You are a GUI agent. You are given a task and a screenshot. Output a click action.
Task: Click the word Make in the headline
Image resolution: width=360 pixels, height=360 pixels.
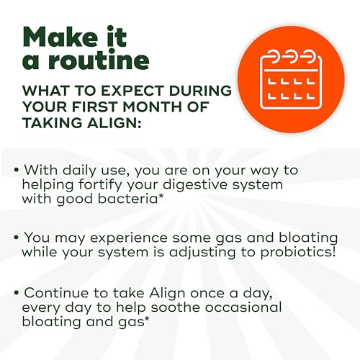[60, 37]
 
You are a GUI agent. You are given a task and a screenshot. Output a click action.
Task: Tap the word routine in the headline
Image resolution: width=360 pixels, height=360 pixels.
[99, 60]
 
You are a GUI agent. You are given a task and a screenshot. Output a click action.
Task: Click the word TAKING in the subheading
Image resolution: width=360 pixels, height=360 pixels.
[52, 123]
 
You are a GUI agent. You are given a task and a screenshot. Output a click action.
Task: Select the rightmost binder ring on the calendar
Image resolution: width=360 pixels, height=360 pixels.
[309, 58]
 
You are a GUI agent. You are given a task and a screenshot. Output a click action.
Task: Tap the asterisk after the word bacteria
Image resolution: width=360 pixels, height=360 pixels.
[161, 197]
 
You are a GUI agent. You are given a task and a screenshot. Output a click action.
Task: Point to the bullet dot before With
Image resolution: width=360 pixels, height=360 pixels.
[17, 170]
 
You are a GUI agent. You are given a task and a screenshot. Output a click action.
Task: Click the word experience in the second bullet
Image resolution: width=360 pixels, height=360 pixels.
[128, 238]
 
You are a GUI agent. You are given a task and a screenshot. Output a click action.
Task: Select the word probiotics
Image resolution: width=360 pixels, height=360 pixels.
[298, 253]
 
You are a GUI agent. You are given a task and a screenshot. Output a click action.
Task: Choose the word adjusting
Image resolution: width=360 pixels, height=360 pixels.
[202, 253]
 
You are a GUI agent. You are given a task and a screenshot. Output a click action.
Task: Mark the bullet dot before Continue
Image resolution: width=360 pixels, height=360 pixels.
[17, 293]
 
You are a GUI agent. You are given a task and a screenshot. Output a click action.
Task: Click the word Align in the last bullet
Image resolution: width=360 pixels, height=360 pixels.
[167, 294]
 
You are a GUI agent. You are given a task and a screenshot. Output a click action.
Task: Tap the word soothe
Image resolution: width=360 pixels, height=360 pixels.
[176, 307]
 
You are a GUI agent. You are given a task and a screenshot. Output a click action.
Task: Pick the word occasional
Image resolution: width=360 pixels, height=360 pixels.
[243, 307]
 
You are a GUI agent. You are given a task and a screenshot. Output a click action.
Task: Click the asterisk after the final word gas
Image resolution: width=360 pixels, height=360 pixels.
[146, 320]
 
